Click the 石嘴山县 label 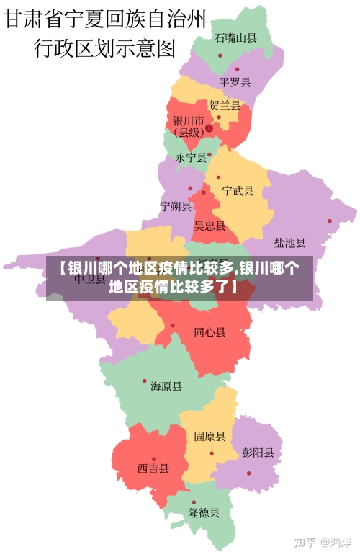point(235,38)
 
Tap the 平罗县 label point(235,82)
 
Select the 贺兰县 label point(224,105)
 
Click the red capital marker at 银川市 point(209,128)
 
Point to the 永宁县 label point(191,157)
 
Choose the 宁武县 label point(238,191)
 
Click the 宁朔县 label point(176,207)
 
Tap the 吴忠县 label point(210,226)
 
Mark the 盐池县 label point(290,243)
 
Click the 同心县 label point(210,332)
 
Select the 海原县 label point(166,387)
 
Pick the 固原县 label point(210,437)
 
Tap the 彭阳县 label point(258,453)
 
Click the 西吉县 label point(153,468)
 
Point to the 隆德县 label point(204,513)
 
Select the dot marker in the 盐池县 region point(330,221)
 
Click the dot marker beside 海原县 point(144,381)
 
